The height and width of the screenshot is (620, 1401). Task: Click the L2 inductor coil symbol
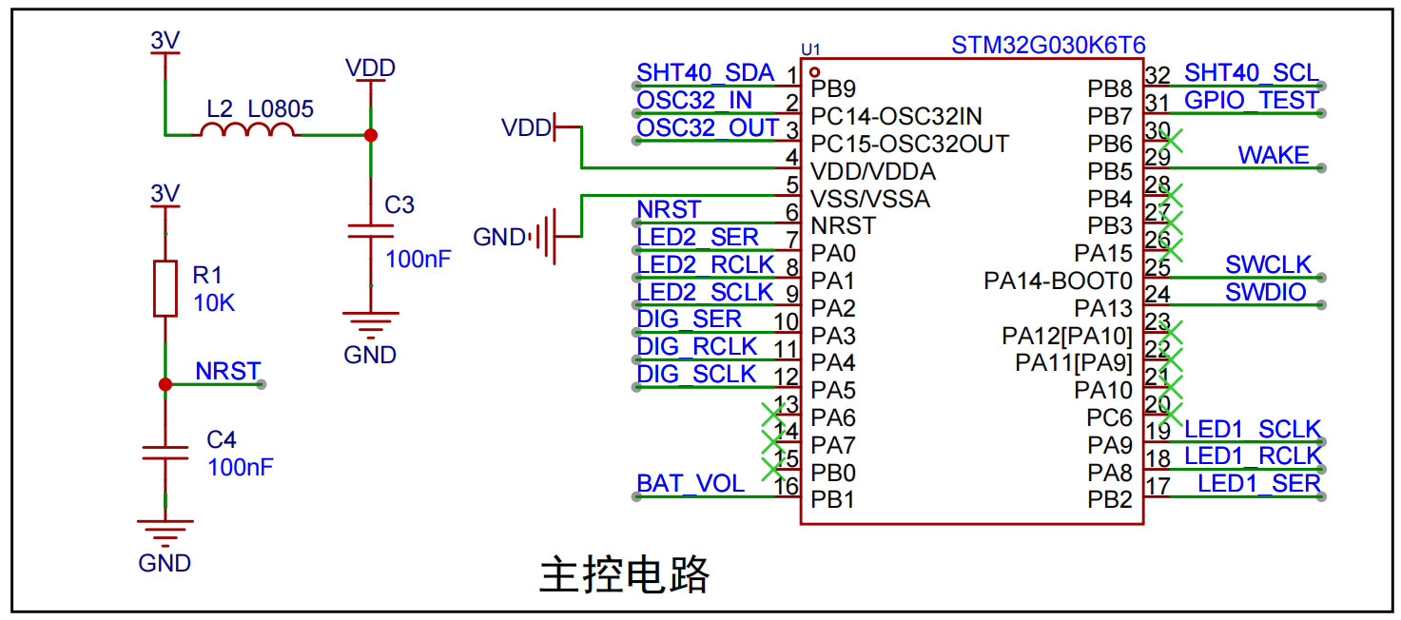point(247,129)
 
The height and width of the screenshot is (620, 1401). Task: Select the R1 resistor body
point(165,288)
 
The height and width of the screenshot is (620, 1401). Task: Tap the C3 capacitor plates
point(370,231)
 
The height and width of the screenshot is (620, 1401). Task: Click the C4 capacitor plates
point(165,454)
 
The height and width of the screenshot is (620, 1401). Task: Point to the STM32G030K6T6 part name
point(1048,45)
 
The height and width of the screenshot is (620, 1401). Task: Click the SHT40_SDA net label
point(705,73)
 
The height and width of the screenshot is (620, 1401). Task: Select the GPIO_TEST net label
point(1251,101)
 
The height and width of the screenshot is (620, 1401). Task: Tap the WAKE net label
point(1274,155)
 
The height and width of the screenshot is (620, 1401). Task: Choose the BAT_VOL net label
point(691,484)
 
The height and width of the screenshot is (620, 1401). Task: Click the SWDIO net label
point(1265,293)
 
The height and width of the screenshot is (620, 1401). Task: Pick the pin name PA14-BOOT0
point(1058,281)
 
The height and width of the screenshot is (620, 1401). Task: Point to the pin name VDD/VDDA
point(873,171)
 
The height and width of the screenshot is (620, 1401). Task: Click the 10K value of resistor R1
point(214,303)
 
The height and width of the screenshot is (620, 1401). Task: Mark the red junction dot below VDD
point(371,135)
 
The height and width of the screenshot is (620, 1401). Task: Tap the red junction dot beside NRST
point(165,384)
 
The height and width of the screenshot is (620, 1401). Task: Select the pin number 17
point(1158,486)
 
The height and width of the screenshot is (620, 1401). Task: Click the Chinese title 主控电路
point(624,574)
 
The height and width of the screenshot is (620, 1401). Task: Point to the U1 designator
point(810,49)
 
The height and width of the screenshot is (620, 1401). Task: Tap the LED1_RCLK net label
point(1253,456)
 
